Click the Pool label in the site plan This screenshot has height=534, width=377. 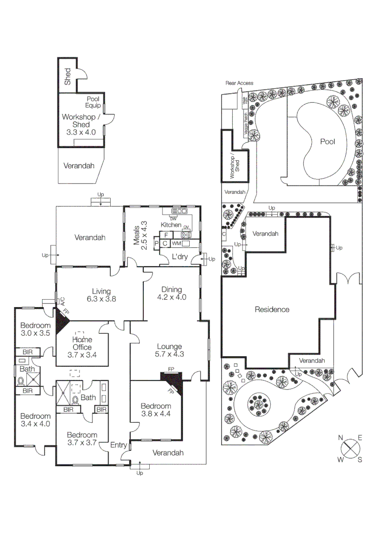point(327,141)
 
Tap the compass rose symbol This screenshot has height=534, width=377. point(351,448)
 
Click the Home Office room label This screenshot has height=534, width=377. point(82,343)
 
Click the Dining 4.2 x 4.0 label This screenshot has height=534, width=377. point(171,293)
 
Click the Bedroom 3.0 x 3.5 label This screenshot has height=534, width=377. point(35,329)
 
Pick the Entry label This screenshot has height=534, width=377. point(118,445)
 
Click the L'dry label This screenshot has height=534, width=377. point(179,256)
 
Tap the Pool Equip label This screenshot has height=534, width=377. point(93,102)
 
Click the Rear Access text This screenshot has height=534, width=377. point(239,83)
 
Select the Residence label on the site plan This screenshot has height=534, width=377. point(272,310)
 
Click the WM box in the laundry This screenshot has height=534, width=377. point(176,244)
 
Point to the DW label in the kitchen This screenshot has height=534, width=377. point(173,219)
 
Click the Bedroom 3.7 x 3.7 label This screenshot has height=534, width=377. point(82,439)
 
